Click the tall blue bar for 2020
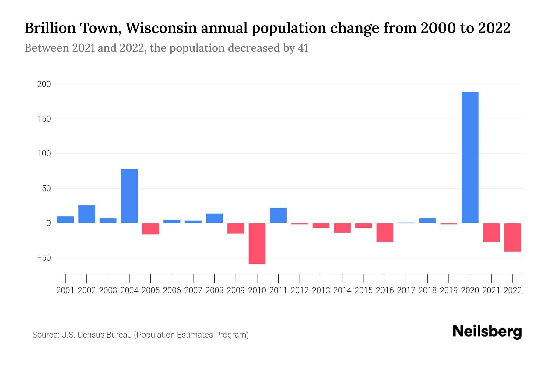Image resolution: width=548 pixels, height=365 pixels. click(x=470, y=157)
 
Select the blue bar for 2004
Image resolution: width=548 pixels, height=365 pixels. click(x=129, y=196)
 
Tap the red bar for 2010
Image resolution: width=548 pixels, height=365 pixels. click(x=257, y=243)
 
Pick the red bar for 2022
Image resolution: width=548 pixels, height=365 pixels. click(x=513, y=237)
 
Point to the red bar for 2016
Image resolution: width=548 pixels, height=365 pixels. click(x=385, y=232)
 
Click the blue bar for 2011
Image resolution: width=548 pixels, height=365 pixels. click(x=278, y=215)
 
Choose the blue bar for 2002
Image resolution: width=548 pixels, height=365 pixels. click(x=87, y=214)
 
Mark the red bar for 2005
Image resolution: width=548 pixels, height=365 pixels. click(x=151, y=228)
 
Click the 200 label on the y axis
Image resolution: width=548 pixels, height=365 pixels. click(x=44, y=84)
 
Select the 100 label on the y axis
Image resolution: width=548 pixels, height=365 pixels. click(x=44, y=154)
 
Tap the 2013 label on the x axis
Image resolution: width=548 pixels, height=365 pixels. click(x=321, y=290)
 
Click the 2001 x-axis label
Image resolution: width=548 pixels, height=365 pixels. click(x=65, y=290)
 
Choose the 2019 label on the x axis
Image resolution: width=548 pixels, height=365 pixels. click(x=449, y=290)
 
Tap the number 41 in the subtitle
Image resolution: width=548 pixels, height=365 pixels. click(x=303, y=48)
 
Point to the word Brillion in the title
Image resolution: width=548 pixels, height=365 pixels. click(x=50, y=28)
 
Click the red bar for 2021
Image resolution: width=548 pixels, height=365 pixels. click(x=491, y=232)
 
